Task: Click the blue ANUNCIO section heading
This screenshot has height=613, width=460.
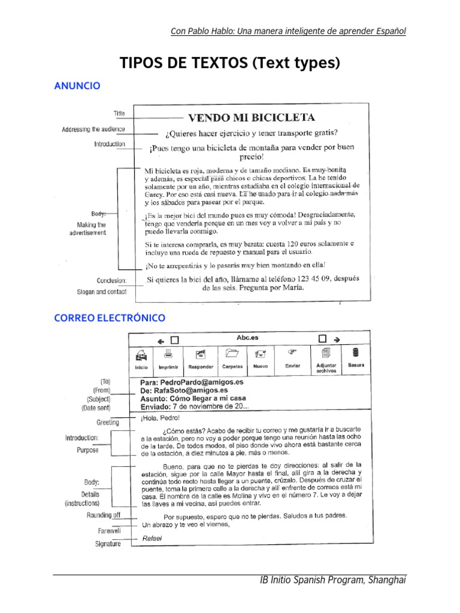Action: (x=77, y=86)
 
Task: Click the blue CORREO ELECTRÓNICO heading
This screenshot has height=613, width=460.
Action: (x=110, y=318)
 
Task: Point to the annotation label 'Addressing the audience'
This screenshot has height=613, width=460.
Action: (x=93, y=129)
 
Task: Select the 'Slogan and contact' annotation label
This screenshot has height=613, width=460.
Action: (x=102, y=292)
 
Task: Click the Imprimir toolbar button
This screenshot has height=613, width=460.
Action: (x=168, y=359)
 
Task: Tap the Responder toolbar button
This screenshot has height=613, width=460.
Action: (x=201, y=359)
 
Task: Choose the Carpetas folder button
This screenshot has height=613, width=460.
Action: (x=232, y=359)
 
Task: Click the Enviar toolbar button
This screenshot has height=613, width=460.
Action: (x=293, y=359)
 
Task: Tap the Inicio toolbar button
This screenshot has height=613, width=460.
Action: (x=141, y=359)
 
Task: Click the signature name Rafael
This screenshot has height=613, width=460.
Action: (x=152, y=538)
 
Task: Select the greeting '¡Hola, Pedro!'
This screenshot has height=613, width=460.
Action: (x=159, y=418)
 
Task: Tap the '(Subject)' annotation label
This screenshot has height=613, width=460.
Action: (x=98, y=399)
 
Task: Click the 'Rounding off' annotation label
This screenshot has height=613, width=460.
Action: (x=103, y=515)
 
